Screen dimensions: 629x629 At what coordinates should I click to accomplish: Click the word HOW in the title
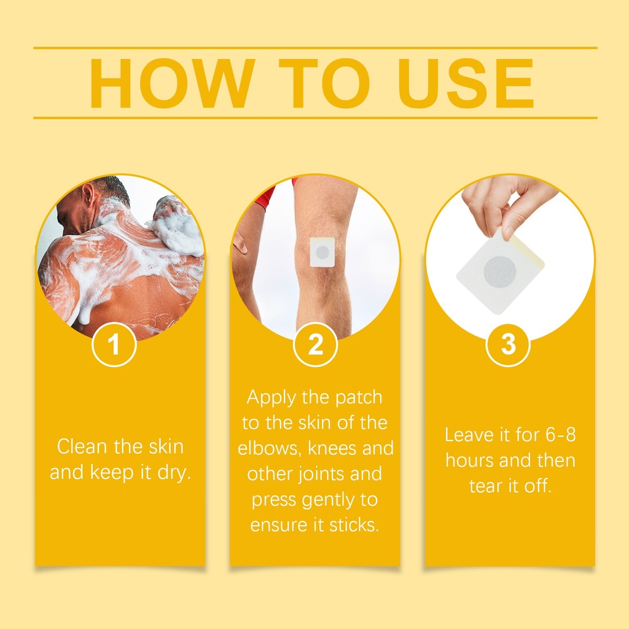tap(173, 84)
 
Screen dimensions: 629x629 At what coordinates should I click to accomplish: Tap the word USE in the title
tap(466, 84)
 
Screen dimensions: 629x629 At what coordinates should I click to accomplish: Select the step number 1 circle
tap(114, 344)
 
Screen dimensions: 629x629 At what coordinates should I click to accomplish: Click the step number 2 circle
tap(315, 344)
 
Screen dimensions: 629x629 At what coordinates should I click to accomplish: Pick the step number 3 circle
tap(508, 344)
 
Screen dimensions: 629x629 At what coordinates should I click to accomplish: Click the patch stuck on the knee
tap(322, 252)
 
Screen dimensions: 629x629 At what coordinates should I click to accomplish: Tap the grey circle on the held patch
tap(499, 272)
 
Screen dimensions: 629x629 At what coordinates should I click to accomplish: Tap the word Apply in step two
tap(272, 398)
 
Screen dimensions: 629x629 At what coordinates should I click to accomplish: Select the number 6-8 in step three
tap(560, 434)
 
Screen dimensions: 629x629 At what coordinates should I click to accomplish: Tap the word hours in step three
tap(469, 460)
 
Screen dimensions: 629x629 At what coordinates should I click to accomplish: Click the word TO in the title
tap(324, 84)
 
